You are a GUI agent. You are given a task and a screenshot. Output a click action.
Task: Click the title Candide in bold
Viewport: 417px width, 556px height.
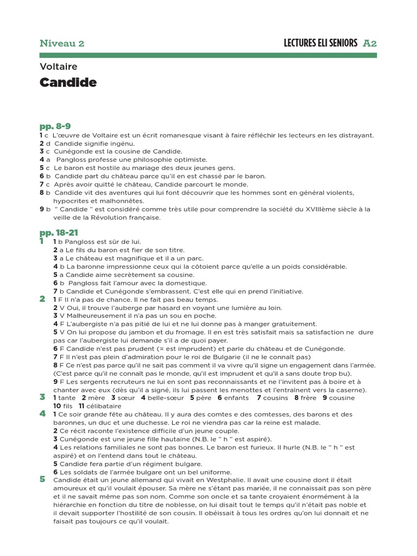[x=68, y=83]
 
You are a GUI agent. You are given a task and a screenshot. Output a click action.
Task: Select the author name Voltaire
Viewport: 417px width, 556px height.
[x=59, y=67]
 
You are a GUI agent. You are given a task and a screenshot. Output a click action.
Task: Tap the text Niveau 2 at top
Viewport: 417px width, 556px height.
[x=62, y=43]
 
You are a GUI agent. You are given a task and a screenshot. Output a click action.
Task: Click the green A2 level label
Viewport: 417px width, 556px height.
[x=370, y=43]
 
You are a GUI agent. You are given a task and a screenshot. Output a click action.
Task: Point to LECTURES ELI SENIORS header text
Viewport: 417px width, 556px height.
[x=320, y=43]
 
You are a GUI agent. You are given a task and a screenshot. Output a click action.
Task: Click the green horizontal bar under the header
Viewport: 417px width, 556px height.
[x=208, y=55]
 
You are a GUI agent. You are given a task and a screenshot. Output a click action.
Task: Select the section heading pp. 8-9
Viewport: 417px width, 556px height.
[x=55, y=127]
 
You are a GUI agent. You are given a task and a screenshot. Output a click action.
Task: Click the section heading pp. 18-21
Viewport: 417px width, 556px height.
[x=59, y=232]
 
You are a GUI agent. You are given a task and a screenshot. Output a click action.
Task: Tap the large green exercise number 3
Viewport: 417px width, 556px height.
[x=42, y=397]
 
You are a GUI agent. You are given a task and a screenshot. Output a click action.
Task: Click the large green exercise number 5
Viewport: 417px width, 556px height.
[x=42, y=479]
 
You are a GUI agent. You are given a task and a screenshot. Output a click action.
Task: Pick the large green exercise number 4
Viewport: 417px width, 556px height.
[x=42, y=414]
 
